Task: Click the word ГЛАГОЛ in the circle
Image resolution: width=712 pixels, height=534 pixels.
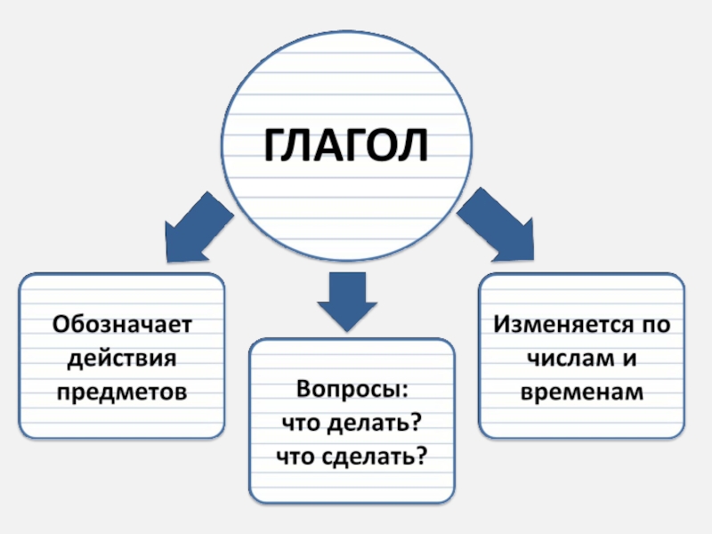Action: (x=346, y=145)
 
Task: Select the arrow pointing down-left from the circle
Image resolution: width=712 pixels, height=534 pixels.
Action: (x=196, y=227)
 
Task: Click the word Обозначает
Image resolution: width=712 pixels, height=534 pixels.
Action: (x=122, y=324)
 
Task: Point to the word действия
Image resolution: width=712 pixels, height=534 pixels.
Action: (x=122, y=358)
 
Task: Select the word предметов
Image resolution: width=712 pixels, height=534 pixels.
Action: (x=122, y=392)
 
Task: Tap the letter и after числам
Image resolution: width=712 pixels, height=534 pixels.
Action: (x=625, y=359)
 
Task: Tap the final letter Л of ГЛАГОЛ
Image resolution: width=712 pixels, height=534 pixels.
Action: (x=413, y=145)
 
